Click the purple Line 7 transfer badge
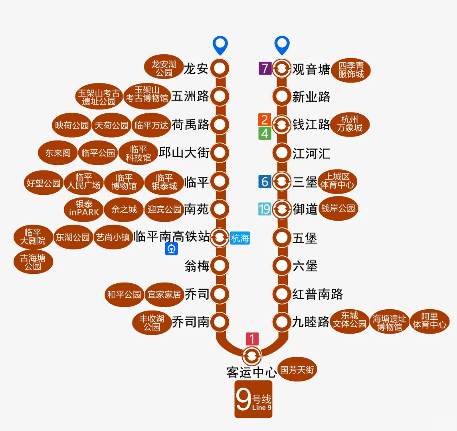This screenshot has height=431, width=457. (265, 68)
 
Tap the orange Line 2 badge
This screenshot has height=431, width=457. (265, 119)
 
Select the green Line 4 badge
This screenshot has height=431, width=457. (265, 133)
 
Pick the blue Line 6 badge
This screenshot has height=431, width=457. (265, 182)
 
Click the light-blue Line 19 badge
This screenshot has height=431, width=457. (265, 209)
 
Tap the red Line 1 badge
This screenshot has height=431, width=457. (252, 339)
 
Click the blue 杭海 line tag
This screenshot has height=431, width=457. (240, 238)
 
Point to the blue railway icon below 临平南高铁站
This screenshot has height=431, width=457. (172, 249)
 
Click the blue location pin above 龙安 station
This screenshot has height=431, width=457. (220, 45)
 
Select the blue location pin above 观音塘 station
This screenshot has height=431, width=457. (282, 45)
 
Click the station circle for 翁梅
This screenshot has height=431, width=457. (220, 265)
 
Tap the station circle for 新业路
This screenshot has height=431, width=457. (282, 96)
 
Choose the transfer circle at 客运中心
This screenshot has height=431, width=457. (252, 355)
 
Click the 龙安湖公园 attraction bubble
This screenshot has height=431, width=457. (164, 68)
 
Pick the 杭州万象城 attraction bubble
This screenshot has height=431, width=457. (350, 124)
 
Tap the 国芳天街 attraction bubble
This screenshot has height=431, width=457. (297, 370)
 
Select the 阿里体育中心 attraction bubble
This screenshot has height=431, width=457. (429, 322)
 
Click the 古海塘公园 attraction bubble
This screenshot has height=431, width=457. (33, 262)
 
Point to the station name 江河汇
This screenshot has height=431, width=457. (311, 153)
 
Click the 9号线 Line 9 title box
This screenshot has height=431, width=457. (253, 399)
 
